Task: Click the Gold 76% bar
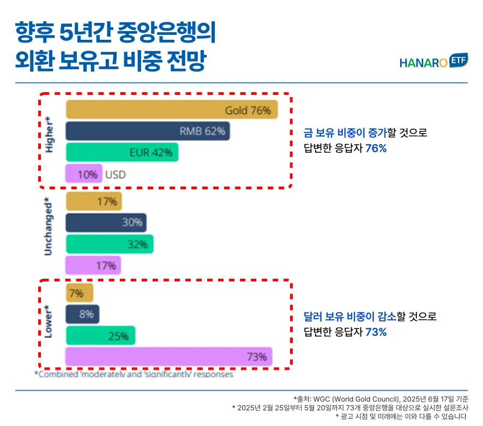(172, 110)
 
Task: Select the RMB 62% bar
(148, 131)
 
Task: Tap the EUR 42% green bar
(122, 152)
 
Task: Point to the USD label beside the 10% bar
(115, 175)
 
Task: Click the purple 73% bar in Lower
(168, 357)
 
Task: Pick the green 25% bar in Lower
(100, 335)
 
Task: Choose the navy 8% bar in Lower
(82, 314)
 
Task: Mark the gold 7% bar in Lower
(79, 293)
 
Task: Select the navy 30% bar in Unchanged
(106, 222)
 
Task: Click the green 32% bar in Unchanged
(110, 244)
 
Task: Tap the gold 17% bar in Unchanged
(94, 201)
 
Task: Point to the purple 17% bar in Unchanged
(93, 266)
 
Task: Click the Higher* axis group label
(50, 134)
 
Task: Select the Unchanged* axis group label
(49, 226)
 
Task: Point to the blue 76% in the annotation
(376, 148)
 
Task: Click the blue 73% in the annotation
(376, 332)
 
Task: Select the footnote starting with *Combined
(134, 375)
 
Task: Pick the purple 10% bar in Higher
(83, 174)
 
